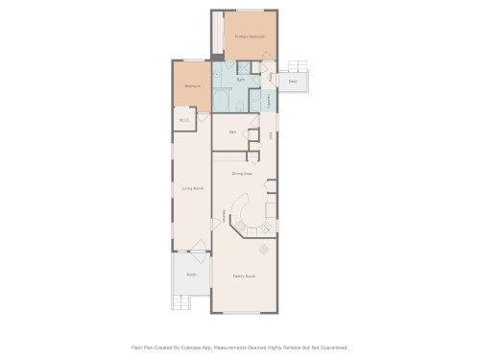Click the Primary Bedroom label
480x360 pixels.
pyautogui.click(x=250, y=36)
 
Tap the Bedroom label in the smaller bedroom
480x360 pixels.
pyautogui.click(x=193, y=85)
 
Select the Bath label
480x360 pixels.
pyautogui.click(x=241, y=80)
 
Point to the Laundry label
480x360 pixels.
pyautogui.click(x=269, y=99)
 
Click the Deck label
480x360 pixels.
pyautogui.click(x=292, y=82)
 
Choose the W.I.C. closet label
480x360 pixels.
pyautogui.click(x=184, y=120)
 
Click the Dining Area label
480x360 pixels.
pyautogui.click(x=242, y=174)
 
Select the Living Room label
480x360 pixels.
pyautogui.click(x=192, y=188)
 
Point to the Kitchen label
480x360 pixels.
pyautogui.click(x=225, y=217)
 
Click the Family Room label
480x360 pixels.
pyautogui.click(x=244, y=276)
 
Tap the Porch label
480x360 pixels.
pyautogui.click(x=191, y=275)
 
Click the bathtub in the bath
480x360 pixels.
pyautogui.click(x=222, y=99)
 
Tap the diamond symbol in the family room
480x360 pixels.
pyautogui.click(x=264, y=248)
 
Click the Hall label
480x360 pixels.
pyautogui.click(x=272, y=135)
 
